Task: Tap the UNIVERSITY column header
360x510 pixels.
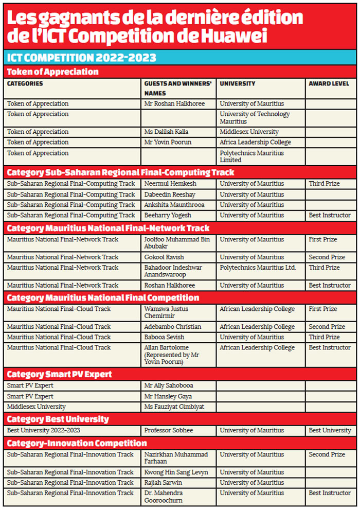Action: tap(238, 83)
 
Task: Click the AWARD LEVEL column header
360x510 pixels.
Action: tap(329, 83)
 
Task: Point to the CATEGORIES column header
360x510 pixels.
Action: tap(25, 83)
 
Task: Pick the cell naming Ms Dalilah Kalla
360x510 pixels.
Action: tap(166, 132)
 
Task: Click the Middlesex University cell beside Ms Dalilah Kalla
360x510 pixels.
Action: tap(249, 132)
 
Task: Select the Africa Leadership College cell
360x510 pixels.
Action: tap(255, 143)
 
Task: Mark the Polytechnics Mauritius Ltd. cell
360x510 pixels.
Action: tap(258, 268)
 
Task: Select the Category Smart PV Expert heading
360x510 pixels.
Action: tap(59, 374)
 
